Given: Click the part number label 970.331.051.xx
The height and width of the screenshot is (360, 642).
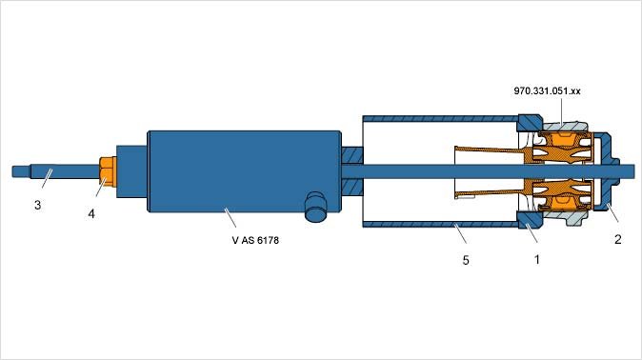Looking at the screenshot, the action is tap(547, 90).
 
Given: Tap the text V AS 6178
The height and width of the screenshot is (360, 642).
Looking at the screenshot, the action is tap(255, 240).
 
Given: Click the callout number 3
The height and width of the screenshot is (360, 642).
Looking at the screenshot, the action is tap(38, 205).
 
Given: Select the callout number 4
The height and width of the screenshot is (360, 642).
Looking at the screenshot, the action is tap(91, 213).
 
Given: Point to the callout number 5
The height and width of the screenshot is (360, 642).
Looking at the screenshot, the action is tap(466, 260).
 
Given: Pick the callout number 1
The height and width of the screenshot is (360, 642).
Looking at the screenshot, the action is tap(537, 259).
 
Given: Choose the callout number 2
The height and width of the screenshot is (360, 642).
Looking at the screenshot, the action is tap(618, 239).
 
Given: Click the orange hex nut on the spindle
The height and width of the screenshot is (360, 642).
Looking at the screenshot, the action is tap(108, 171).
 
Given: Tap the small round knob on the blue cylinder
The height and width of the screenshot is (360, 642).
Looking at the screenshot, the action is tap(316, 207).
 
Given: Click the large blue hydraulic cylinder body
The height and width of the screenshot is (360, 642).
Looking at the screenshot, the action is tap(244, 171).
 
